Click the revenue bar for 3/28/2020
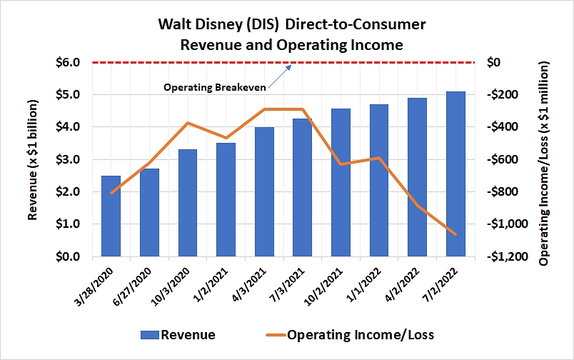coord(111,216)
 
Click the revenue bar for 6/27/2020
coord(149,212)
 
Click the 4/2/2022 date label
coord(408,281)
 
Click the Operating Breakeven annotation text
coord(215,87)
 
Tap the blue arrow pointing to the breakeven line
coord(283,72)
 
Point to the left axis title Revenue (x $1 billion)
coord(33,159)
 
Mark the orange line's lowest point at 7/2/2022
coord(455,234)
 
